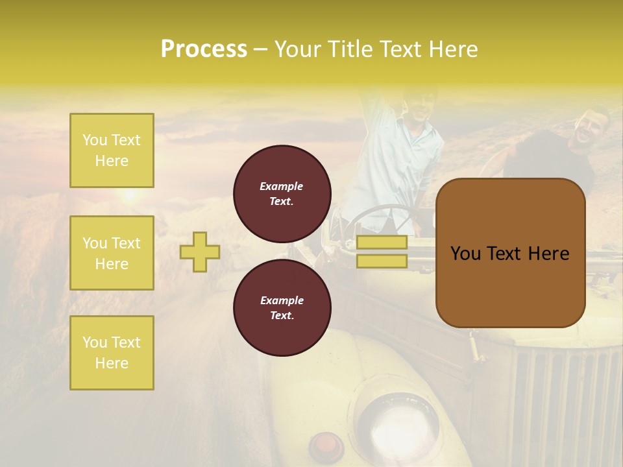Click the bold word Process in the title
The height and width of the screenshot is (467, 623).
204,49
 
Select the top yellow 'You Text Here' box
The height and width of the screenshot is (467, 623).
112,150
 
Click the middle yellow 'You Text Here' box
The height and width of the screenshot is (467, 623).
112,253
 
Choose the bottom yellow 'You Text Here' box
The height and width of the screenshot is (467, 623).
112,352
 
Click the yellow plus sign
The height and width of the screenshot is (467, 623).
200,252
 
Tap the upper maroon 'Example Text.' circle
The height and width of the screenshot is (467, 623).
282,193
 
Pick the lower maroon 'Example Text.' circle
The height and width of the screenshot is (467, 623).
282,307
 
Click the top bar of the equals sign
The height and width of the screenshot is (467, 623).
382,243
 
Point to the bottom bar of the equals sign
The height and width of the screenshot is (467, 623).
382,261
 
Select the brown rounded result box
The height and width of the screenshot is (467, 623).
510,253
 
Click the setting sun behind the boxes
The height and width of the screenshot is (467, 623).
132,193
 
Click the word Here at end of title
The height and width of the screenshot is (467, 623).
453,49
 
